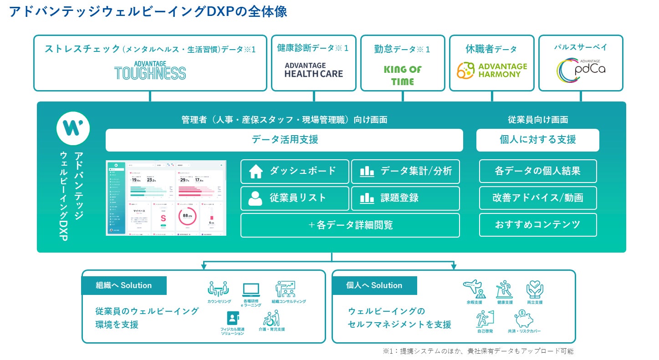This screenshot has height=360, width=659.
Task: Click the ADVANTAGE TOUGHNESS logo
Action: point(150,70)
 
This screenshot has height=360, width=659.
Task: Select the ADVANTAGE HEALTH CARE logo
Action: point(313,70)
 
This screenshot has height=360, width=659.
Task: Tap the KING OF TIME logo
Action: point(403,75)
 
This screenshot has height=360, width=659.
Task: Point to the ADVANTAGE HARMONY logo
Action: point(492,70)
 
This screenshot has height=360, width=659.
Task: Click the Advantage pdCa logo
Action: point(581,70)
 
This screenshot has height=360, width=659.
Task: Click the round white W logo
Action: point(73,128)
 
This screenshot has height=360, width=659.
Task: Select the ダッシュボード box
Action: point(295,171)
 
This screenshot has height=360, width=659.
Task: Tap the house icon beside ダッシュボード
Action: point(255,172)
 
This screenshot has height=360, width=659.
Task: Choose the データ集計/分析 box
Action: point(405,171)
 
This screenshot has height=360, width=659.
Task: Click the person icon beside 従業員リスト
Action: point(255,198)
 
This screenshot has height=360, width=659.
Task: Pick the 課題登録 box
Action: point(405,198)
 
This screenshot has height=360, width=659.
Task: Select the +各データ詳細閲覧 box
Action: point(350,225)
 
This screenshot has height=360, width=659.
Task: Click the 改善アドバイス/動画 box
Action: point(537,198)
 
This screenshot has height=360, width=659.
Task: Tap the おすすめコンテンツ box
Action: point(537,224)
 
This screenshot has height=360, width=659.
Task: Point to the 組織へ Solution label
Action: point(124,285)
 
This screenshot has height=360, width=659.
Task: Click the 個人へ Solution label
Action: point(374,285)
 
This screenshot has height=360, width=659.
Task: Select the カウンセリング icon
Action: point(219,289)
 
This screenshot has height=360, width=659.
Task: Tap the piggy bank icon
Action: point(524,319)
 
